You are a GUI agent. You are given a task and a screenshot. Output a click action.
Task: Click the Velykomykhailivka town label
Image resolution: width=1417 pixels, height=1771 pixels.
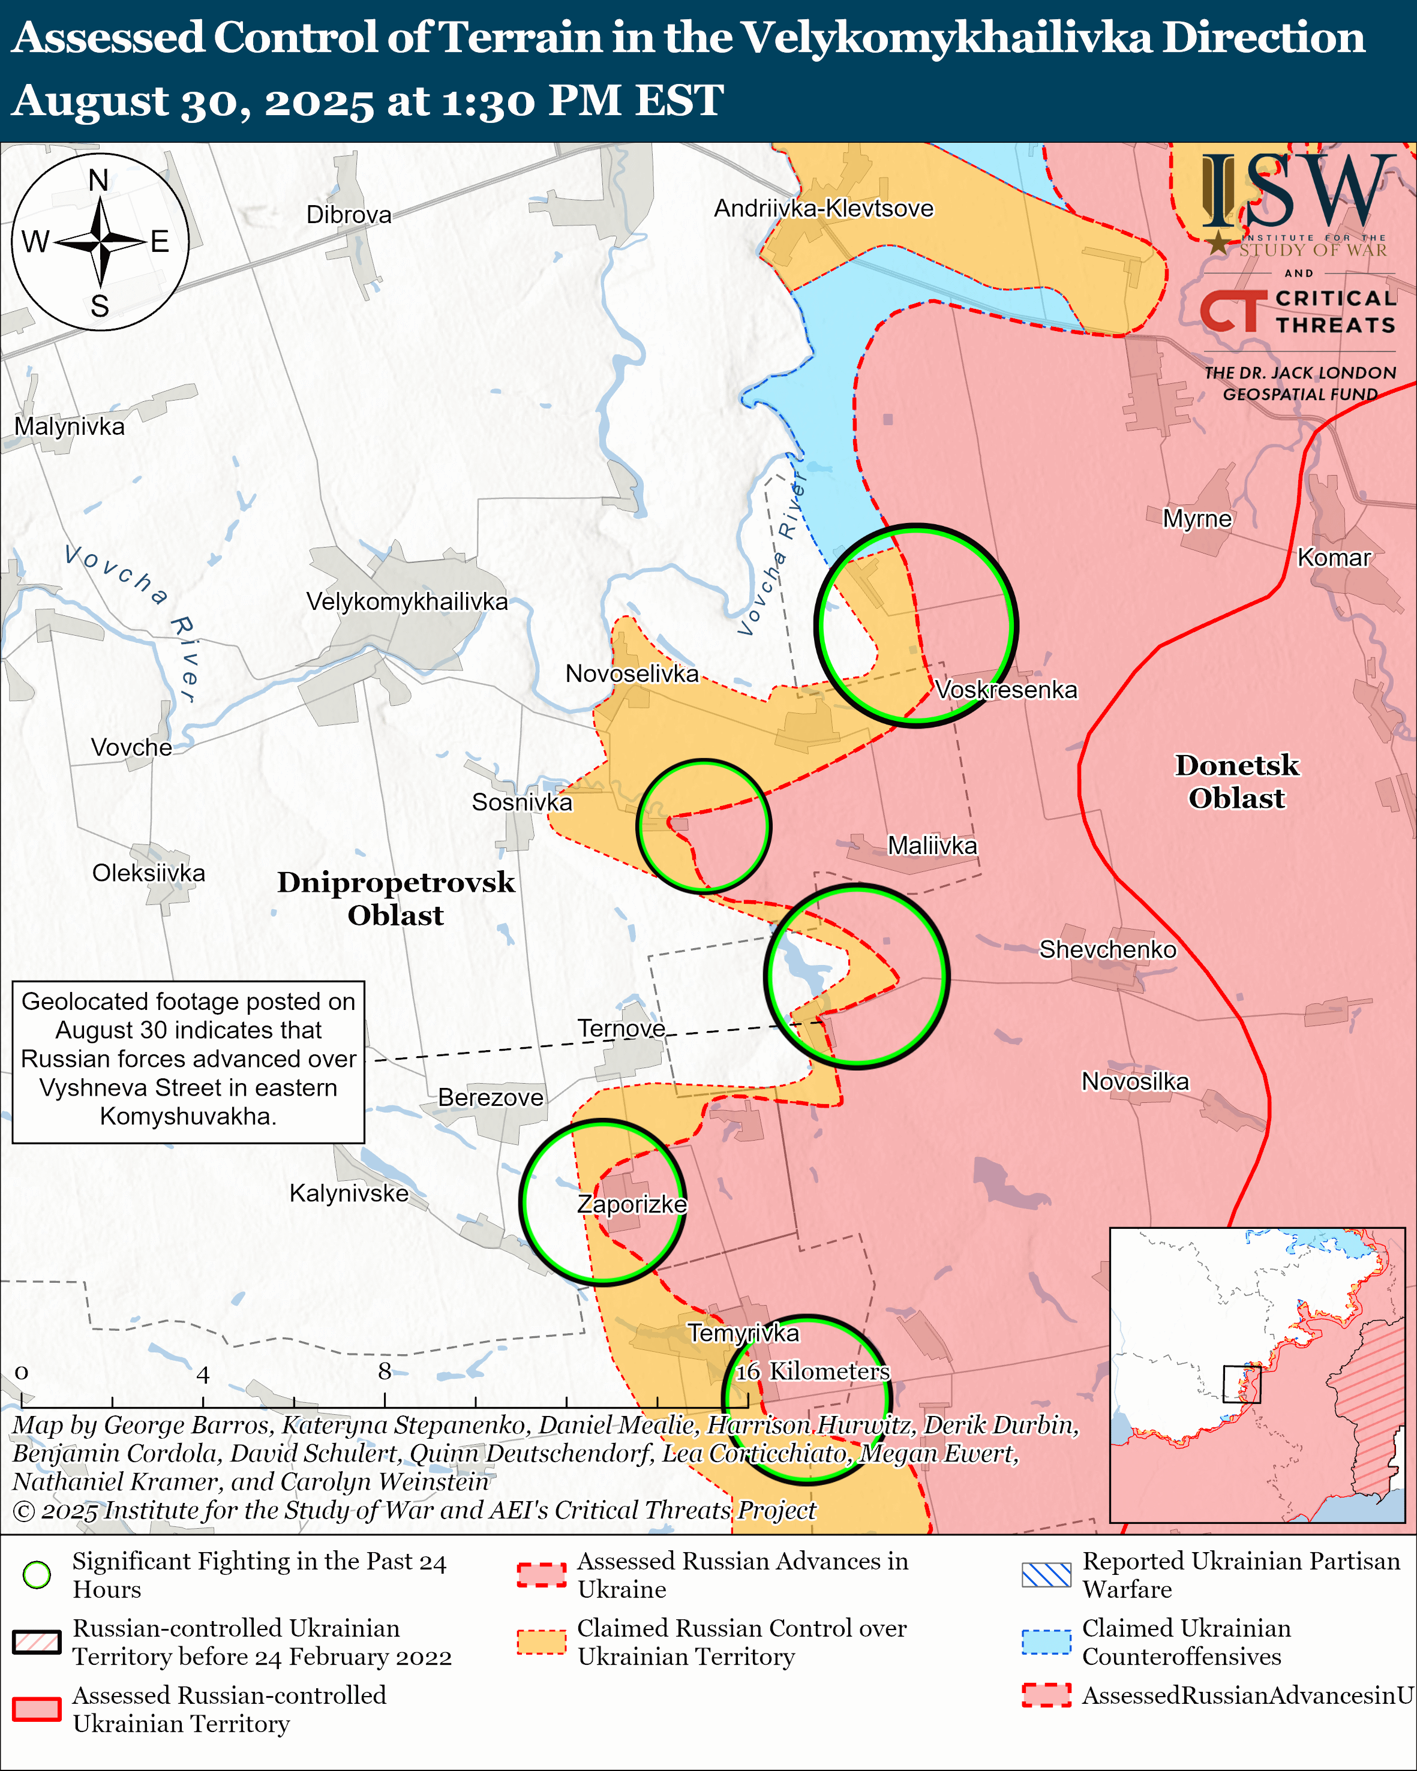(407, 602)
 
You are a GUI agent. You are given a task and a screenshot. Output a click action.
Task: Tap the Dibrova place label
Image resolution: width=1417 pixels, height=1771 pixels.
(349, 215)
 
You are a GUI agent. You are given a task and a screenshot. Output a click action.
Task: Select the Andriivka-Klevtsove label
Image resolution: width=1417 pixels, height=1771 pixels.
(823, 209)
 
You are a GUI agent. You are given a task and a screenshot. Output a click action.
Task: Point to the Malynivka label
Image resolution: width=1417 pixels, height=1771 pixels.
(70, 427)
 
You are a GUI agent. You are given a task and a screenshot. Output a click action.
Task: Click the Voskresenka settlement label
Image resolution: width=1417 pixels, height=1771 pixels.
(1005, 690)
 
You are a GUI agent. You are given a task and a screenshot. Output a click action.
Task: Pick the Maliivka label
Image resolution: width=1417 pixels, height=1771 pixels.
(932, 846)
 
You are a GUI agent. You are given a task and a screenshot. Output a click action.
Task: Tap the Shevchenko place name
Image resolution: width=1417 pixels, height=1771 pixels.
(1107, 949)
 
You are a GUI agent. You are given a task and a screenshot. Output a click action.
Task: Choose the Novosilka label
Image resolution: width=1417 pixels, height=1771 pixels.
(1135, 1082)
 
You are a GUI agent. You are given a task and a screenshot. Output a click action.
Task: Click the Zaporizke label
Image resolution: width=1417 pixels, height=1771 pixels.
(632, 1204)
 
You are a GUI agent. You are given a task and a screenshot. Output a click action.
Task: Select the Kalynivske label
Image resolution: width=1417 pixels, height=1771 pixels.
(349, 1193)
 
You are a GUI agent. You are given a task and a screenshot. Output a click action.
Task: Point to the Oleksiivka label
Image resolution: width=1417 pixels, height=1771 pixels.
(149, 873)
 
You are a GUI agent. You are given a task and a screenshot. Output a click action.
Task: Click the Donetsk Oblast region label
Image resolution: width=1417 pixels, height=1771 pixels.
(1236, 782)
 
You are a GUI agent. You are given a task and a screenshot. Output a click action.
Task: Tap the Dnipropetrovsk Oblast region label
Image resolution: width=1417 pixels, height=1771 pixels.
(396, 898)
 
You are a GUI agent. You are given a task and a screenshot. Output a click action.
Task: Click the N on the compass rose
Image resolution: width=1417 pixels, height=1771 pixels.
(98, 181)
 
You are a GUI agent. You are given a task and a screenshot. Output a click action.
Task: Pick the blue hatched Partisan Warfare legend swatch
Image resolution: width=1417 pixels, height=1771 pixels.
(1046, 1575)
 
